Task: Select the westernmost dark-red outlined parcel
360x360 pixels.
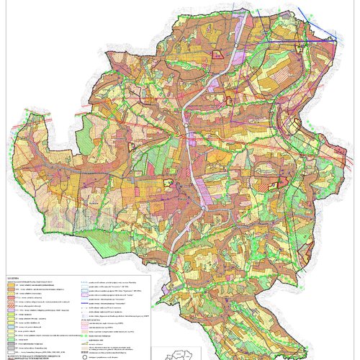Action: click(132, 146)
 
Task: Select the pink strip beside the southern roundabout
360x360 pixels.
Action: click(209, 194)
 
